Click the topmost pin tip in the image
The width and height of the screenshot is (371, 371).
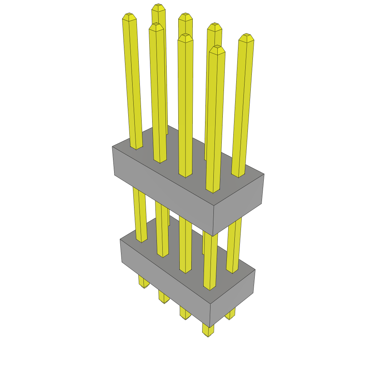158,7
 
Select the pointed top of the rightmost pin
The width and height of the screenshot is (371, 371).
246,37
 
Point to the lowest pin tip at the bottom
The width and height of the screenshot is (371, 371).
208,334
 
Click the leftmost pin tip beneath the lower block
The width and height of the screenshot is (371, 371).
144,285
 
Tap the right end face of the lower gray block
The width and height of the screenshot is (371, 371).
232,298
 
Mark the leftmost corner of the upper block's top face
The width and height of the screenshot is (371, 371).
113,147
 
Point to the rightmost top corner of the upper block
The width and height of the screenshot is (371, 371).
264,174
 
